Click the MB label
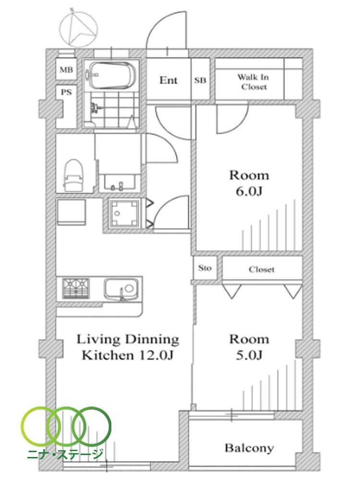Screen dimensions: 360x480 pos(66,70)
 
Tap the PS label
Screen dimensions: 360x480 pos(66,92)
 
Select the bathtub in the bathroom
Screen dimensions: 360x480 pos(110,75)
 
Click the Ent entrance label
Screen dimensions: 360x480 pos(168,80)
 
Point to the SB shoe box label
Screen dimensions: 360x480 pos(200,80)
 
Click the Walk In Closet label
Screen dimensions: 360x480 pos(253,82)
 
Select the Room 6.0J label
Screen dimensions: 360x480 pos(249,183)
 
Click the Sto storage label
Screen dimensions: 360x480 pos(205,268)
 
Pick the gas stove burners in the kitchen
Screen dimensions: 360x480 pos(76,288)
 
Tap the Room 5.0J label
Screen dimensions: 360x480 pos(249,347)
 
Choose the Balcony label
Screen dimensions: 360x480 pos(249,448)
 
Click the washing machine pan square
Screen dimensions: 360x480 pos(124,214)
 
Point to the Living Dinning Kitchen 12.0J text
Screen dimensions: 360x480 pos(128,347)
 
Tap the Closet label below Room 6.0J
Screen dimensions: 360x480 pos(262,269)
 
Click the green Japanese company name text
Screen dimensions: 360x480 pos(65,454)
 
